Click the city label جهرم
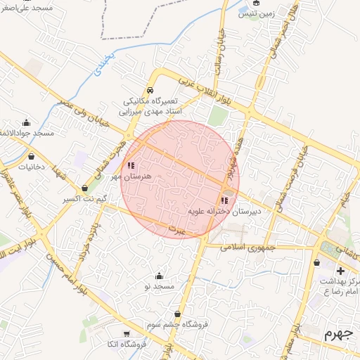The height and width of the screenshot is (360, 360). click(x=337, y=334)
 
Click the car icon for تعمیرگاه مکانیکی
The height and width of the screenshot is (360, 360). click(x=150, y=91)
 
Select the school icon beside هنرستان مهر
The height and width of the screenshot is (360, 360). click(x=131, y=166)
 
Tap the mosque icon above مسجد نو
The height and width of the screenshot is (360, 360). click(x=160, y=276)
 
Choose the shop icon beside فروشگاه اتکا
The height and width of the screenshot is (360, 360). click(x=127, y=334)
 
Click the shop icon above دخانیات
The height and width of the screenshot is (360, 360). click(x=31, y=156)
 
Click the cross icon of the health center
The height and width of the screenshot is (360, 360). click(x=341, y=270)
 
